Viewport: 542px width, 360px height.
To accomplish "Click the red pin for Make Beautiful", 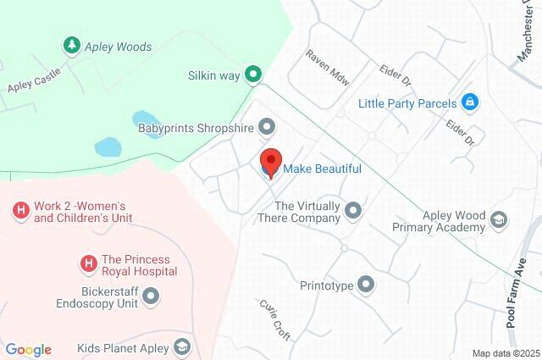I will click(270, 161).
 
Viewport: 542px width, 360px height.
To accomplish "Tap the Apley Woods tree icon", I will click(71, 44).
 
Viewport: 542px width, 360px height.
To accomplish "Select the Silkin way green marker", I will click(252, 75).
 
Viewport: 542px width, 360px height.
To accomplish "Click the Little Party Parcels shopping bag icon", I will click(471, 103).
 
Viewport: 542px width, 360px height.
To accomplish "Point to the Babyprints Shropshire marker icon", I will click(268, 128).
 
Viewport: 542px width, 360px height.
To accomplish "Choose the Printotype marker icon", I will click(366, 285).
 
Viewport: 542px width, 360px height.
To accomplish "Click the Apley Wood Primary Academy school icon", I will click(500, 220).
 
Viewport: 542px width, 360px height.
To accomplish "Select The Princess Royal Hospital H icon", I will click(87, 264).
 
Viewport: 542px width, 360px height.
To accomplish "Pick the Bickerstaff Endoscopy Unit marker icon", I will click(152, 296).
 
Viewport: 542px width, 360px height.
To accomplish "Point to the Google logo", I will click(28, 350).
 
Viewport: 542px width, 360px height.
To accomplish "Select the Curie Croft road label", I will click(275, 320).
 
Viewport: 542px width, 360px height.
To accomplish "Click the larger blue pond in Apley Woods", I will click(110, 147).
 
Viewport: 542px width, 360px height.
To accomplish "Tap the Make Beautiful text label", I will click(322, 169).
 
